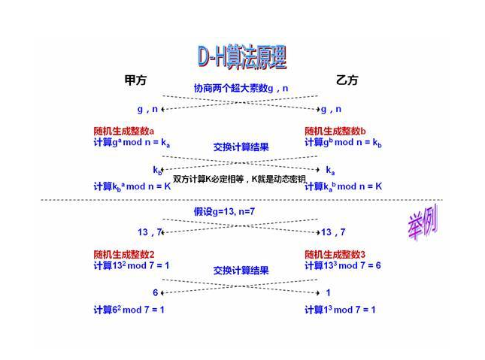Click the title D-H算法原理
click(x=241, y=57)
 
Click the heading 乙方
click(x=347, y=80)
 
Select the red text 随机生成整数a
click(x=124, y=131)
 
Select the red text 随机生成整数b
click(x=335, y=131)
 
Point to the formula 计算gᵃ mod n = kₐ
click(x=132, y=142)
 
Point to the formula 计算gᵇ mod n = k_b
click(x=343, y=142)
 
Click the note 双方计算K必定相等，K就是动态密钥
click(x=239, y=179)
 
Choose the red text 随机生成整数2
click(x=124, y=254)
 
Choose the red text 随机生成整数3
click(x=335, y=254)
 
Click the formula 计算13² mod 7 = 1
click(x=132, y=265)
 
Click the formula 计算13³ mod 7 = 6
click(x=343, y=265)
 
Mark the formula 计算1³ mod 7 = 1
click(x=340, y=310)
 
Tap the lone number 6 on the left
click(x=156, y=293)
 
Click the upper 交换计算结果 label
click(x=241, y=147)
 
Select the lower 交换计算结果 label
click(x=241, y=271)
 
